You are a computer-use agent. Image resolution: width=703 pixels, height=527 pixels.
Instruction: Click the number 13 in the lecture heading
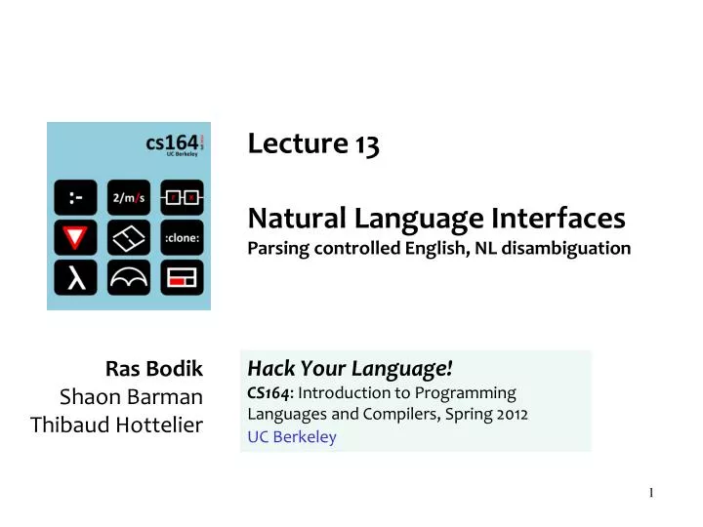(x=367, y=145)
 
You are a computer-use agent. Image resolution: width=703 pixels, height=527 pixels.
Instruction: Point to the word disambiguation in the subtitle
(x=576, y=248)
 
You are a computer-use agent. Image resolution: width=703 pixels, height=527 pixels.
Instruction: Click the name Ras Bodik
(x=154, y=369)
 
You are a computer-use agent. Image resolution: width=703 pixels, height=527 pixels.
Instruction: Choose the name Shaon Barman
(x=132, y=396)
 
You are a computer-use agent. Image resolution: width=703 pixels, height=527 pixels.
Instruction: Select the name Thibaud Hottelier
(x=117, y=425)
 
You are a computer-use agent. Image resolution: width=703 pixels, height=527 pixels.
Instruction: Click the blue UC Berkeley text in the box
(x=292, y=436)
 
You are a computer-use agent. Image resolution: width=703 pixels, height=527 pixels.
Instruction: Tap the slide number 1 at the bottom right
(x=651, y=492)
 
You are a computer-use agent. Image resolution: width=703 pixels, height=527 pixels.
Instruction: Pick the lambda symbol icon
(x=76, y=277)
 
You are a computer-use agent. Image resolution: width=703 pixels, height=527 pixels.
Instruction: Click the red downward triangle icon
(x=76, y=237)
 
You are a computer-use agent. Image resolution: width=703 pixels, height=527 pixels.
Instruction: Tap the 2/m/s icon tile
(x=128, y=197)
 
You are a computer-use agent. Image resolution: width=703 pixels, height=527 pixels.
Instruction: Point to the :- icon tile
(x=76, y=197)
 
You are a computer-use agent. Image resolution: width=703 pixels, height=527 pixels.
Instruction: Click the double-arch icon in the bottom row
(x=128, y=277)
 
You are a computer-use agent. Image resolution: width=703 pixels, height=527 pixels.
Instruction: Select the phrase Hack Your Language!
(x=351, y=368)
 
